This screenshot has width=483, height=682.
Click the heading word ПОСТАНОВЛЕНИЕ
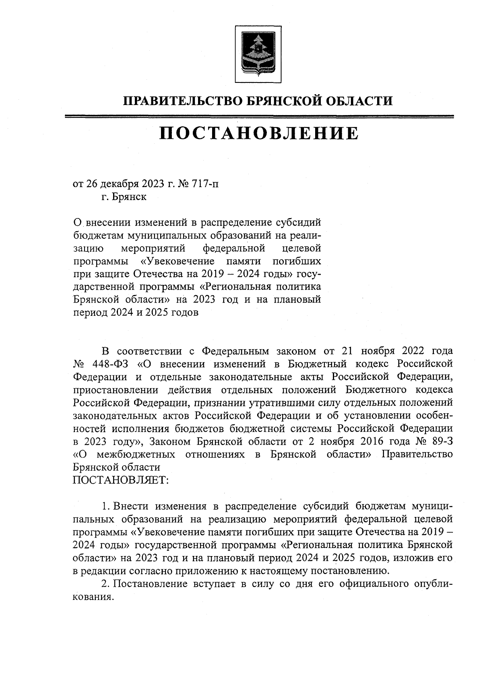258,133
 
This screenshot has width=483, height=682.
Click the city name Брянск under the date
130,197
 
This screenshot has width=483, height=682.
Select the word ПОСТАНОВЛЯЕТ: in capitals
120,480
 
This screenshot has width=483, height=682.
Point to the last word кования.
92,597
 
